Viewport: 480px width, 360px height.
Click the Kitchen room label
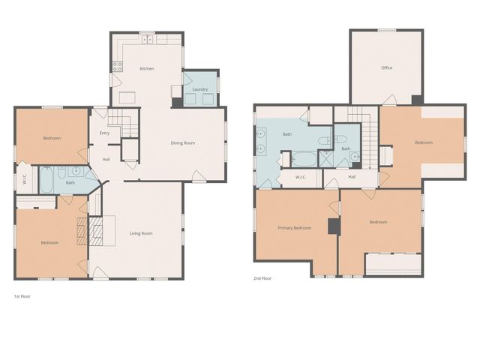(x=147, y=69)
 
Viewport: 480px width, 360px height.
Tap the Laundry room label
(x=199, y=89)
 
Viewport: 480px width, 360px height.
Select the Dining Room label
(x=182, y=143)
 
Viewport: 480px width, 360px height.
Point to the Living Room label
(x=140, y=233)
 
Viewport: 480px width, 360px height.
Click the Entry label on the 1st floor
(x=104, y=133)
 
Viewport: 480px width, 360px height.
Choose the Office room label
(x=386, y=68)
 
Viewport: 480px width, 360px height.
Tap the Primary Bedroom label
(x=294, y=228)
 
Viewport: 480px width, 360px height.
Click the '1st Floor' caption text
(x=22, y=296)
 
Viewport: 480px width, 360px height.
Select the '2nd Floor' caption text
(x=262, y=278)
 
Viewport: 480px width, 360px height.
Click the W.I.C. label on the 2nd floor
(x=300, y=178)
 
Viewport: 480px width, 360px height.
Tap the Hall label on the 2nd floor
(x=352, y=178)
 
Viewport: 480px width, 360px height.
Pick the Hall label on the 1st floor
(x=106, y=159)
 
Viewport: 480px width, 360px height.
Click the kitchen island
(x=126, y=97)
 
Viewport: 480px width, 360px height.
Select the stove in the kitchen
(x=118, y=65)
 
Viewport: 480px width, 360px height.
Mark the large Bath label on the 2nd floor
(x=286, y=134)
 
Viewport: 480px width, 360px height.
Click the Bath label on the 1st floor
(x=70, y=183)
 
